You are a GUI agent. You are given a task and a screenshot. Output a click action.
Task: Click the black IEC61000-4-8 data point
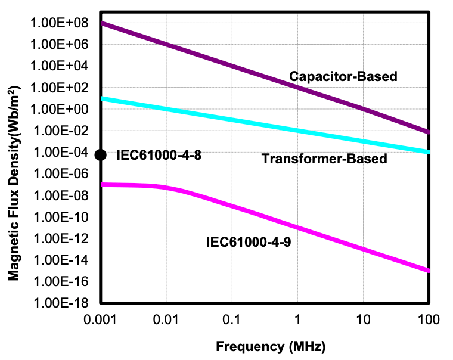(x=101, y=155)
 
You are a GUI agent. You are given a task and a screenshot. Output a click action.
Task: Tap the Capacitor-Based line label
(x=343, y=76)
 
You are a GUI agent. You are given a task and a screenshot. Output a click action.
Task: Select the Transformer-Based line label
(x=324, y=159)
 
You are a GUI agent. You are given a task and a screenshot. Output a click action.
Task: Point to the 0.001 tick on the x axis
(x=101, y=320)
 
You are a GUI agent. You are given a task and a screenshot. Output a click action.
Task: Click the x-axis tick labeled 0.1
(x=232, y=320)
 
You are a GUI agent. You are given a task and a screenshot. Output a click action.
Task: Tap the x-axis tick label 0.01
(x=166, y=320)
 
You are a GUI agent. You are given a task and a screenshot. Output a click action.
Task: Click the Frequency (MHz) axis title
(x=271, y=346)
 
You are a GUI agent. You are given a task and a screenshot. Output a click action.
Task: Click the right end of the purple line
(x=427, y=131)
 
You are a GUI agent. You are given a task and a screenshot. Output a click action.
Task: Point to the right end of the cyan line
(x=427, y=151)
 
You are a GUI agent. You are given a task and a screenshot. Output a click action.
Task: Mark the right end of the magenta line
(x=427, y=271)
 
